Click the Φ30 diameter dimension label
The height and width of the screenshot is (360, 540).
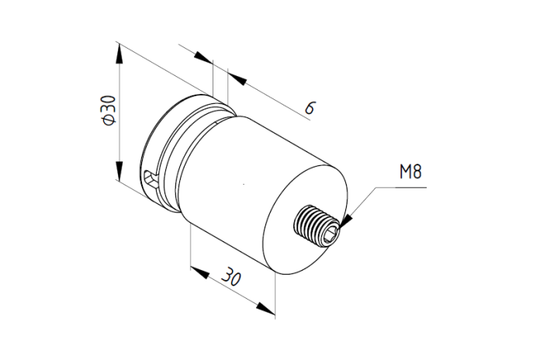coord(109,110)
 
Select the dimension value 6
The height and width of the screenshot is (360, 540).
coord(310,108)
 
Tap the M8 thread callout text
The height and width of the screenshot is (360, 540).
coord(410,171)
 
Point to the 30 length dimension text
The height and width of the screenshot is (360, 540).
coord(231,275)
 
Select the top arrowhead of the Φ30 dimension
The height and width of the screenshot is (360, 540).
coord(119,54)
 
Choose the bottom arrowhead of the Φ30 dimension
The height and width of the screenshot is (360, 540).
coord(119,170)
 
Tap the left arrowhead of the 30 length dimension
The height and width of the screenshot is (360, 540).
coord(199,272)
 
